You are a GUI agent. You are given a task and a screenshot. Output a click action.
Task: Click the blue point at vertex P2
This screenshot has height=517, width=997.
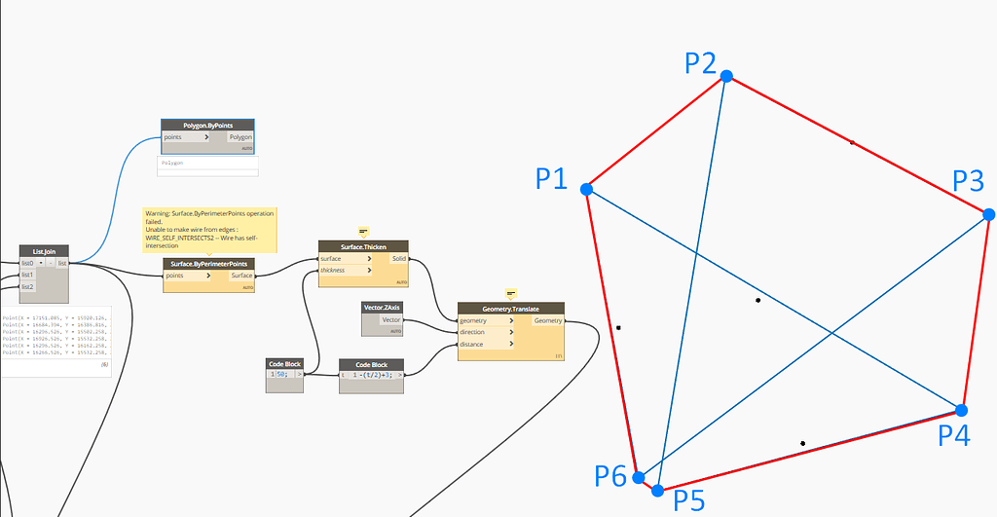pos(725,76)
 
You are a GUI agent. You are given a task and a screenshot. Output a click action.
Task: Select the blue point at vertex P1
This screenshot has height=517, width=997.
pos(586,189)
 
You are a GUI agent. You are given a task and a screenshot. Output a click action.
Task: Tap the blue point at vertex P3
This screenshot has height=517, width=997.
pos(988,214)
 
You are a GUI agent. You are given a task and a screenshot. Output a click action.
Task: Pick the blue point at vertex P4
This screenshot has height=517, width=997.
pos(962,410)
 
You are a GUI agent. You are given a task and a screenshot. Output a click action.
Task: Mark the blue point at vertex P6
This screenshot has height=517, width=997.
pos(639,478)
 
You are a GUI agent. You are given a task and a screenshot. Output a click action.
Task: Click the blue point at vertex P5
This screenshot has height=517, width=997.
pos(658,490)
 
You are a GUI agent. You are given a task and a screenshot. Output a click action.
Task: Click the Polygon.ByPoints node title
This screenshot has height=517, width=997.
pos(207,126)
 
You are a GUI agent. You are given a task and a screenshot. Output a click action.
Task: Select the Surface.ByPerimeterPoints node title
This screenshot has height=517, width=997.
pos(208,264)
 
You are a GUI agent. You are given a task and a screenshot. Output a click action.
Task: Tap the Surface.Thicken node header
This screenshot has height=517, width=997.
pos(364,246)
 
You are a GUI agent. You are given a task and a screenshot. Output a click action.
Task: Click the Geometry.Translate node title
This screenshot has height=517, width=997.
pos(510,309)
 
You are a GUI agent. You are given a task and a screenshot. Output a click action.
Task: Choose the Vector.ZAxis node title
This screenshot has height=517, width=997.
pos(383,308)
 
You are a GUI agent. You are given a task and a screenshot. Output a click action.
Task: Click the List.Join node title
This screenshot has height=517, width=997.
pos(44,251)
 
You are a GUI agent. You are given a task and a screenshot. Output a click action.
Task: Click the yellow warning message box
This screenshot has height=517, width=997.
pos(208,229)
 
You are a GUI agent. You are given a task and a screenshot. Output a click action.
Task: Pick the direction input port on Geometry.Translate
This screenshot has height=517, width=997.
pos(485,332)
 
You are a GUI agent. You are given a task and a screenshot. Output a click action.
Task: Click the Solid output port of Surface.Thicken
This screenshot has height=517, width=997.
pos(399,258)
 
